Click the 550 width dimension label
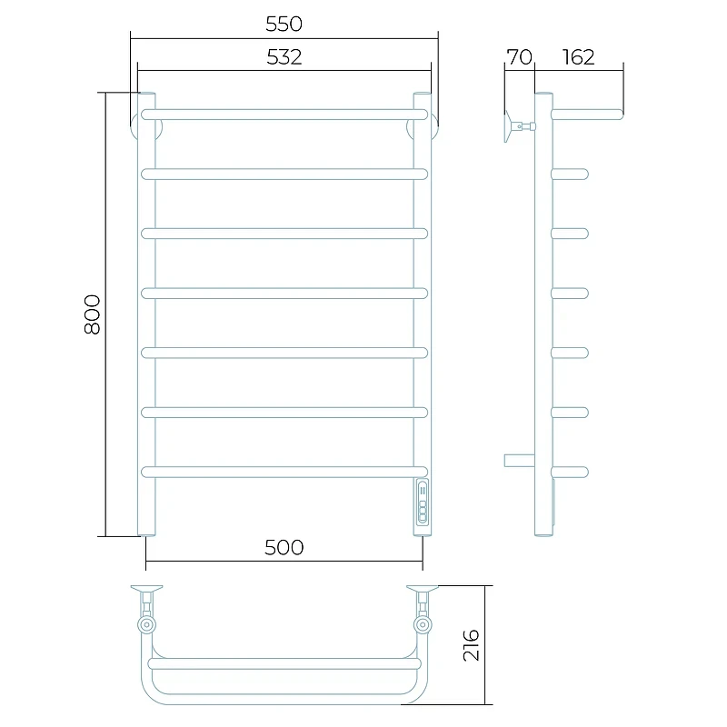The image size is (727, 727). [x=284, y=24]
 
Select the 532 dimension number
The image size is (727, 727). [x=284, y=57]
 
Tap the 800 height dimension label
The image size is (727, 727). [x=93, y=314]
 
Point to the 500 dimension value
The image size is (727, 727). [x=284, y=548]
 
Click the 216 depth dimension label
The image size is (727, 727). [x=471, y=645]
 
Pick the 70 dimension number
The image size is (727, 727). [x=519, y=57]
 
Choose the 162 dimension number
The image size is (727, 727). [x=578, y=57]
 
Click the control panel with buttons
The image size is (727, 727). [x=423, y=503]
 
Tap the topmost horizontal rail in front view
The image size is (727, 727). [x=284, y=115]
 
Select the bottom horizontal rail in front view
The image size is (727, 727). [x=284, y=472]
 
